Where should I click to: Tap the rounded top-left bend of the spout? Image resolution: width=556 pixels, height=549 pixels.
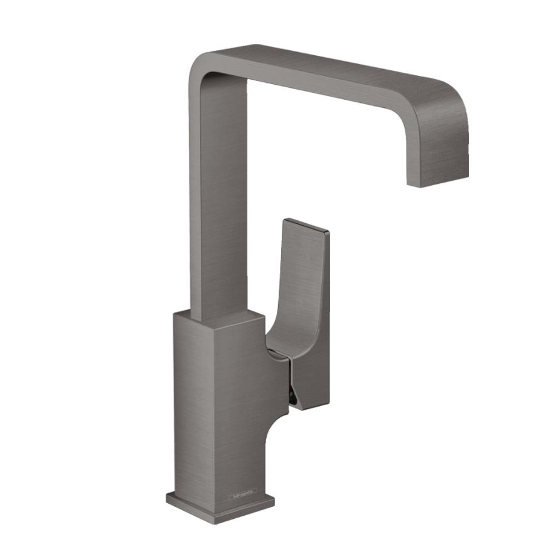pyautogui.click(x=204, y=63)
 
